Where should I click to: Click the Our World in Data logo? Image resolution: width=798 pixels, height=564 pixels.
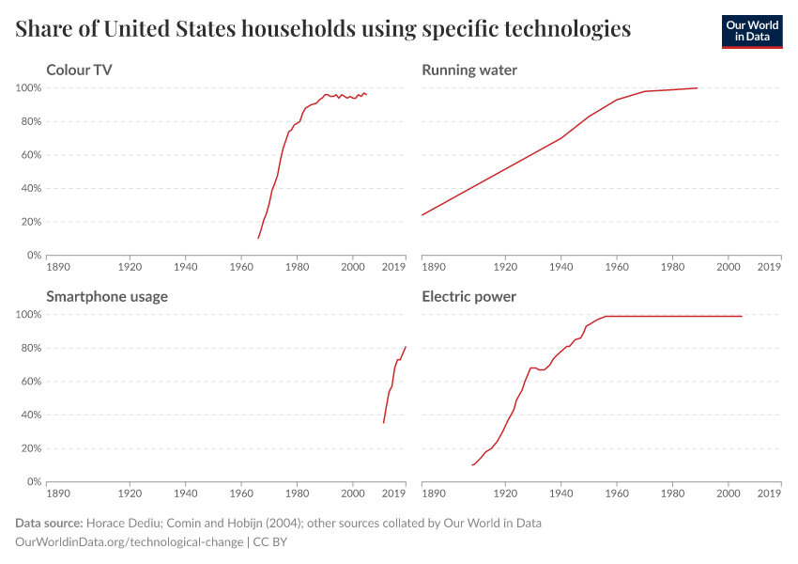(x=751, y=31)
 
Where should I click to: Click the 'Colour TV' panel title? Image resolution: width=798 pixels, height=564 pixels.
(x=81, y=70)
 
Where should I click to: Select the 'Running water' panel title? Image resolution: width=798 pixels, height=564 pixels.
(x=469, y=70)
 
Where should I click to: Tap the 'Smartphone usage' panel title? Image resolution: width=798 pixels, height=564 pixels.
(x=107, y=297)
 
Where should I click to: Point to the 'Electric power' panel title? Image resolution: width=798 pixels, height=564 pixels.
(x=468, y=297)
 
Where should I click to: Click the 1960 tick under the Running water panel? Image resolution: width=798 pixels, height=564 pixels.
(x=617, y=266)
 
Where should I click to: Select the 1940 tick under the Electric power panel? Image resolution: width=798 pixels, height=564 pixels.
(x=560, y=493)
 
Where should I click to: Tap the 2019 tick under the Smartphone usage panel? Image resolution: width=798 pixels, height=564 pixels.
(x=394, y=493)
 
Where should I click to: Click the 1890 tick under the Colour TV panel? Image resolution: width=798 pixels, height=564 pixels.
(x=58, y=266)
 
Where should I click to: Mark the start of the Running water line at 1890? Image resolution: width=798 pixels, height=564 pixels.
(x=422, y=215)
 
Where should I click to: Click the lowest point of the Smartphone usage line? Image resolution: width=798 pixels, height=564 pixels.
(x=383, y=423)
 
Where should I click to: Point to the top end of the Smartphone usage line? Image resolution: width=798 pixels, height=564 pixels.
(x=406, y=347)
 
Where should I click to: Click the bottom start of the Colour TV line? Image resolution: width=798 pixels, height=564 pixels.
(x=258, y=238)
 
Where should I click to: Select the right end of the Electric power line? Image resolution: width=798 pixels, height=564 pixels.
(x=742, y=316)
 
